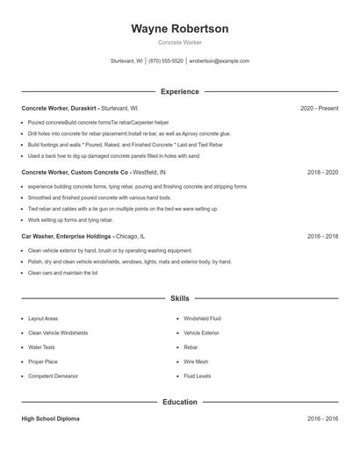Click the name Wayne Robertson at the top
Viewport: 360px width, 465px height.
180,29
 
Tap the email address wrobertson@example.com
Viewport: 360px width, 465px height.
220,61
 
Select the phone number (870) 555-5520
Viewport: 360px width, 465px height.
166,61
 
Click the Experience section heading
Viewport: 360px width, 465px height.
180,91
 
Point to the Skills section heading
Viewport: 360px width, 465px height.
180,298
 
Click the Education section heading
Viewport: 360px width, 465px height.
180,402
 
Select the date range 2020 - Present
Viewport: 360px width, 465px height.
319,109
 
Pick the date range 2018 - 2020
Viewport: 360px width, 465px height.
323,174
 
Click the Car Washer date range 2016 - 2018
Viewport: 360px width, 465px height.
323,237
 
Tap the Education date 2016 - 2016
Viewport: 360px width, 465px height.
323,419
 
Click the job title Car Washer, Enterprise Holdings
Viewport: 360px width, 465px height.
67,237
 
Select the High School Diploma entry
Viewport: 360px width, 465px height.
50,419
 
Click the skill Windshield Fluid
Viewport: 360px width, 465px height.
202,318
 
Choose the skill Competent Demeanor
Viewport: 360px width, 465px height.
53,376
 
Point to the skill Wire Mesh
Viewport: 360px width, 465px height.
196,361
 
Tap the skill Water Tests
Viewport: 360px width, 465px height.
42,347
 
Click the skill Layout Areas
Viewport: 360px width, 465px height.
43,318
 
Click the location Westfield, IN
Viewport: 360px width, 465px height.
149,174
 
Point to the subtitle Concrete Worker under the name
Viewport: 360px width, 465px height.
180,43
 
